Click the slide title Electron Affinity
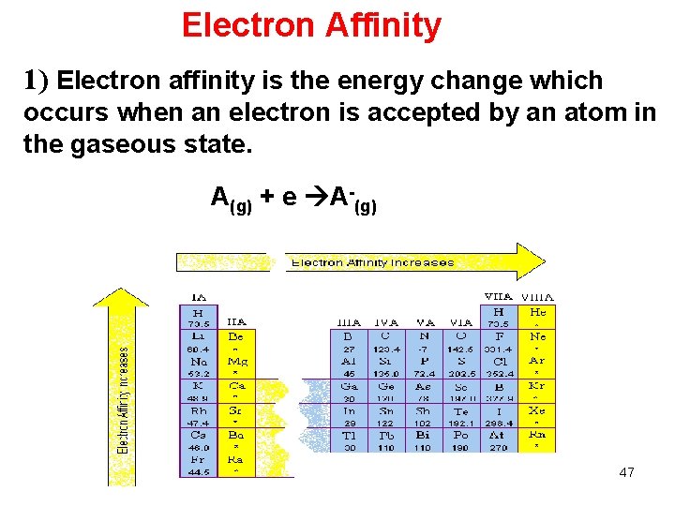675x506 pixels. point(311,25)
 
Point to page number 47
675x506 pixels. point(626,472)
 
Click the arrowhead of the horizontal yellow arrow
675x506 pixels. point(530,261)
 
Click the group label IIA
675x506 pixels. point(236,321)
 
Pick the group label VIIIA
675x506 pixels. point(536,297)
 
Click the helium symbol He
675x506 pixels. point(536,311)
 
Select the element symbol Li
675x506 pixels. point(198,335)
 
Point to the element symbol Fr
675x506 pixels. point(198,460)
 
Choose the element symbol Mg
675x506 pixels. point(236,361)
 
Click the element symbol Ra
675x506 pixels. point(236,460)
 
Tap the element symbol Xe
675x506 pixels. point(536,410)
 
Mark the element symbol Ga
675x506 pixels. point(349,385)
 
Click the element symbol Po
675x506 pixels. point(460,436)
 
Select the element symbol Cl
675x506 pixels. point(499,361)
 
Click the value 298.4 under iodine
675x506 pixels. point(499,423)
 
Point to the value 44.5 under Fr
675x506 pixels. point(198,472)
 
